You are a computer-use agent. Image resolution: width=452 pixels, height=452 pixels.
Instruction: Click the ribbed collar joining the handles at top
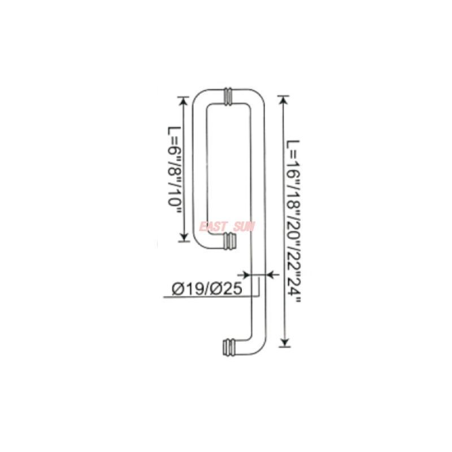229,97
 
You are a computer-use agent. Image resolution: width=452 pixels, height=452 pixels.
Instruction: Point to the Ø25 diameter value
227,289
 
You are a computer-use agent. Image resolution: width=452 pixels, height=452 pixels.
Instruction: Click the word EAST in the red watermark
214,227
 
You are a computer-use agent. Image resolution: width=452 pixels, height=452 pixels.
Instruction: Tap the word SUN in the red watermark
245,227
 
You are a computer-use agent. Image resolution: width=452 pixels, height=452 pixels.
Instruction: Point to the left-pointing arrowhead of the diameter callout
269,275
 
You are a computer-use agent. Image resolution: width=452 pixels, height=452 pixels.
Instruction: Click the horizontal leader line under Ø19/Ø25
209,297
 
